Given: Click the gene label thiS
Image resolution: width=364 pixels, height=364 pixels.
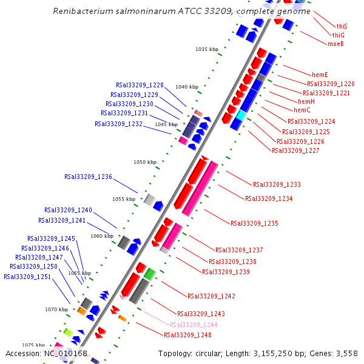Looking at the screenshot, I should click(x=342, y=27).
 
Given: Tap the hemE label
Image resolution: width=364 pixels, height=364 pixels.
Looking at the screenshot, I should click(x=320, y=75).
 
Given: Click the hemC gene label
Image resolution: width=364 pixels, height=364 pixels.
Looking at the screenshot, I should click(x=302, y=110).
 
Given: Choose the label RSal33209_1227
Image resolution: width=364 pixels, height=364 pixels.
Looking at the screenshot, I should click(x=295, y=150).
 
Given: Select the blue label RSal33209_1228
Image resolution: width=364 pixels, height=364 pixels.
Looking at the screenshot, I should click(x=140, y=86).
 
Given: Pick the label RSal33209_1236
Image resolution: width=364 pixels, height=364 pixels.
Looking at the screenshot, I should click(x=88, y=177).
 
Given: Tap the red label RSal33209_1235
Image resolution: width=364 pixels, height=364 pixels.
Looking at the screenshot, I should click(x=254, y=223).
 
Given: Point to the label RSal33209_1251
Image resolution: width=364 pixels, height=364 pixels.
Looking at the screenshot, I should click(x=27, y=277).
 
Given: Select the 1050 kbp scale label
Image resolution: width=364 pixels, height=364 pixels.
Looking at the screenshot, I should click(x=145, y=163).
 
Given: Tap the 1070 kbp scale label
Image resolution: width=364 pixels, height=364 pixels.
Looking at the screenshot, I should click(x=56, y=309).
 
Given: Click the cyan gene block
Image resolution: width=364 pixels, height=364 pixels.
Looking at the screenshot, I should click(x=241, y=115).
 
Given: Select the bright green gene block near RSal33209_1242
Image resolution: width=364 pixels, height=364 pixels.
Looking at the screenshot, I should click(x=149, y=274).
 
